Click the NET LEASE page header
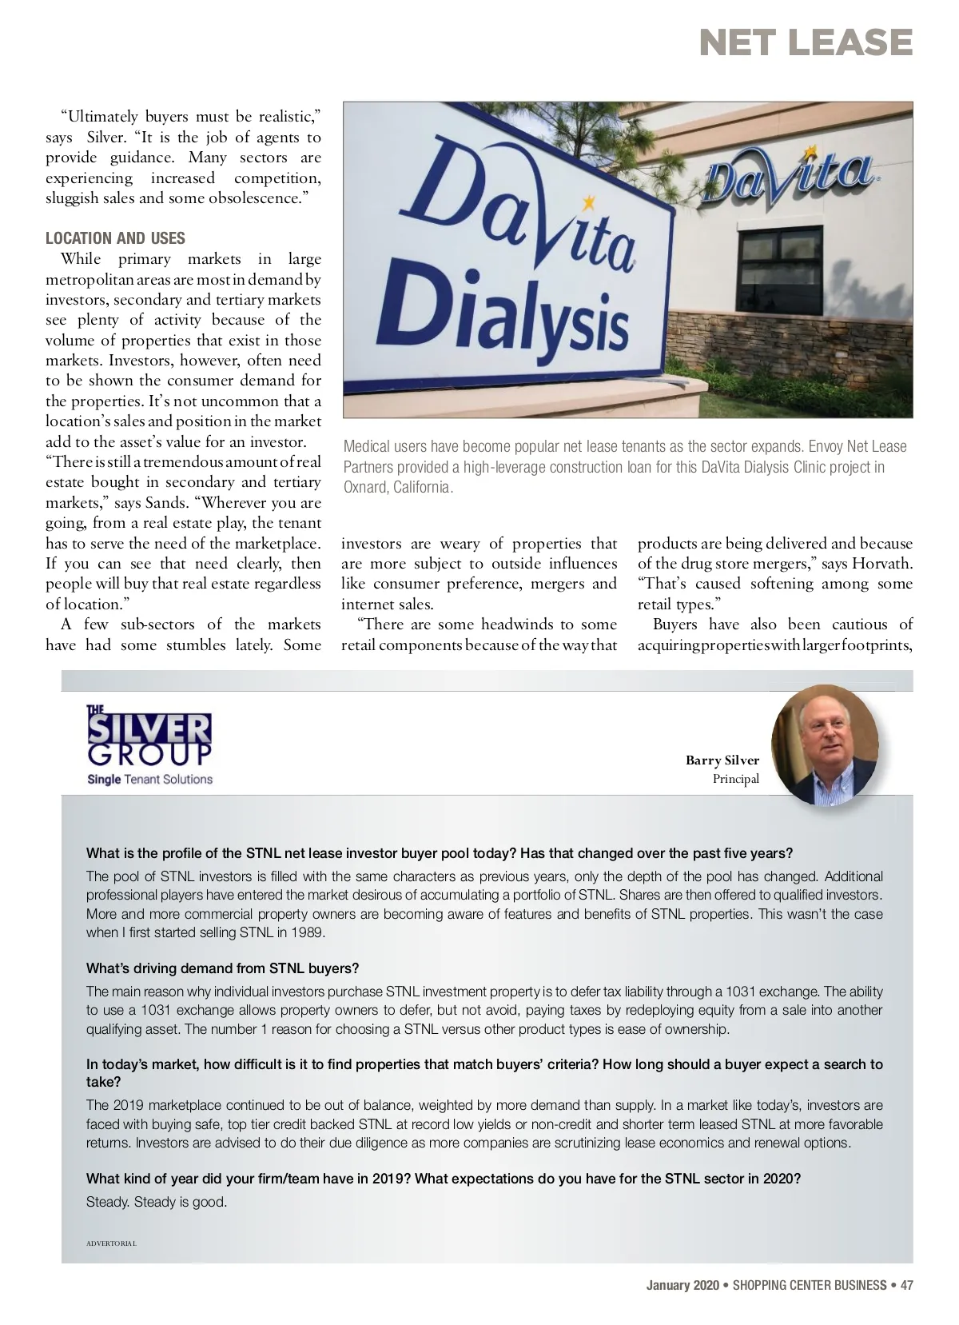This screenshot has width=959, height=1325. coord(806,42)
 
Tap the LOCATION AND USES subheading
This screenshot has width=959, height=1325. coord(115,238)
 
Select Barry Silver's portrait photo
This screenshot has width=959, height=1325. coord(825,745)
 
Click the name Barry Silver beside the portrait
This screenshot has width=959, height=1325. coord(722,760)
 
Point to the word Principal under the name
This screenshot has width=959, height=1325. coord(735,779)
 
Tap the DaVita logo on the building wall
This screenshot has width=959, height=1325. coord(789,176)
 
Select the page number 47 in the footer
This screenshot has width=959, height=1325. coord(906,1285)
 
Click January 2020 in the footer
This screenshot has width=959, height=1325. coord(682,1285)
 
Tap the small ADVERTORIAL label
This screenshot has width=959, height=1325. coord(111,1243)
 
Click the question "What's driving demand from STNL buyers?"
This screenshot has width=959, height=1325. coord(222,968)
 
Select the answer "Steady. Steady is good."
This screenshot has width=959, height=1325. coord(157,1202)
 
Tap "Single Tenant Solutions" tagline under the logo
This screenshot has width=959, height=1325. coord(149,779)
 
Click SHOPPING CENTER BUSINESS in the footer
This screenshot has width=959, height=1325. coord(809,1285)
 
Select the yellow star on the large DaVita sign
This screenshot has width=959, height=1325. coord(591,200)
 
